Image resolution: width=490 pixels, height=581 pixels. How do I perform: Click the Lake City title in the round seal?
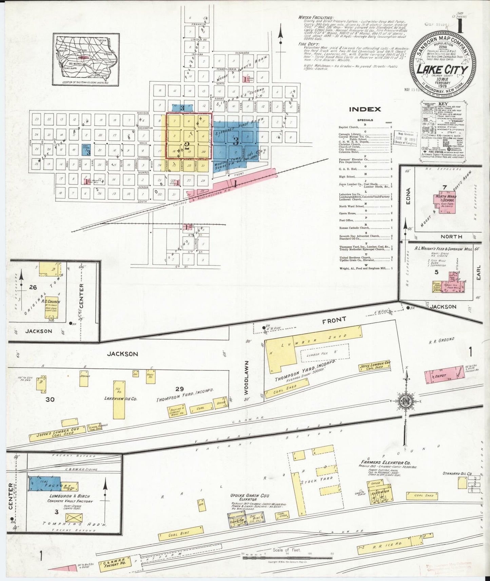(442, 69)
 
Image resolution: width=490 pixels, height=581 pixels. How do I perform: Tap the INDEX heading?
(365, 109)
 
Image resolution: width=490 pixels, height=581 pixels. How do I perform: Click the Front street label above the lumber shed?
(334, 320)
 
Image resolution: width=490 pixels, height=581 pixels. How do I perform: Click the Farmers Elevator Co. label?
(386, 463)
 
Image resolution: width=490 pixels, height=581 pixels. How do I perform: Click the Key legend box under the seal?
(443, 131)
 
